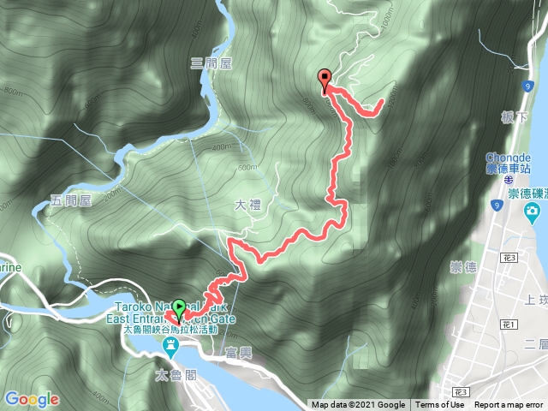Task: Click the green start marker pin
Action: (178, 307)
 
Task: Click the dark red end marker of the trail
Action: (325, 80)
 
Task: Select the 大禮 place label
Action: (245, 206)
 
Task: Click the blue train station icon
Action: (508, 181)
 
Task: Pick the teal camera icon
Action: (533, 211)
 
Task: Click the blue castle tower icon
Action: (170, 345)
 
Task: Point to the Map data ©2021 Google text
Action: (358, 405)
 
